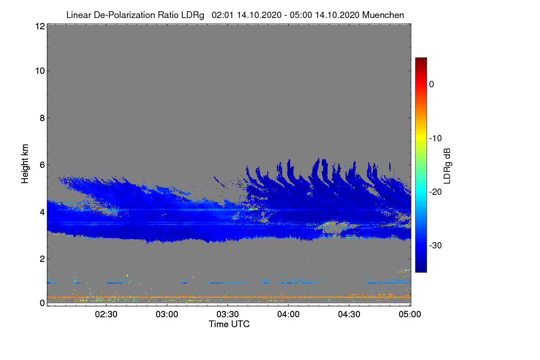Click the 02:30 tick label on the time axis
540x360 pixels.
106,315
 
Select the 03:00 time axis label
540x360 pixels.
167,315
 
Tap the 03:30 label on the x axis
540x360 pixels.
228,315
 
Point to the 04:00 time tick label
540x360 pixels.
288,315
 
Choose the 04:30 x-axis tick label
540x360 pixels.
349,315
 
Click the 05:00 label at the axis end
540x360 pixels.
410,315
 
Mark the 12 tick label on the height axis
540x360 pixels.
40,26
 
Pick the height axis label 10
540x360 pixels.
40,71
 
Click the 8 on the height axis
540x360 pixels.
42,118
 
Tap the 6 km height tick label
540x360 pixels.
42,165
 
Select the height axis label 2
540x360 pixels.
42,259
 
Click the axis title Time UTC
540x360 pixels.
229,324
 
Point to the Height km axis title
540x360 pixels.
25,164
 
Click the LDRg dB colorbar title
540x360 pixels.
447,166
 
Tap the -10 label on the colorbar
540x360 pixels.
436,139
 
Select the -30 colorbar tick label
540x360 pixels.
436,246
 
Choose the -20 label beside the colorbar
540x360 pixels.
436,192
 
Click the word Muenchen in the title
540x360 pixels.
383,15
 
